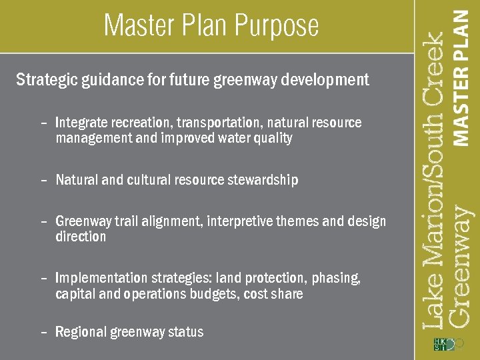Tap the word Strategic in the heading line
pos(46,81)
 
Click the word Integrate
pos(83,123)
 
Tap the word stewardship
pos(265,180)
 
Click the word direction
pos(81,237)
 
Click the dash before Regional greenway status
pos(43,332)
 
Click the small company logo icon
pos(443,344)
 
